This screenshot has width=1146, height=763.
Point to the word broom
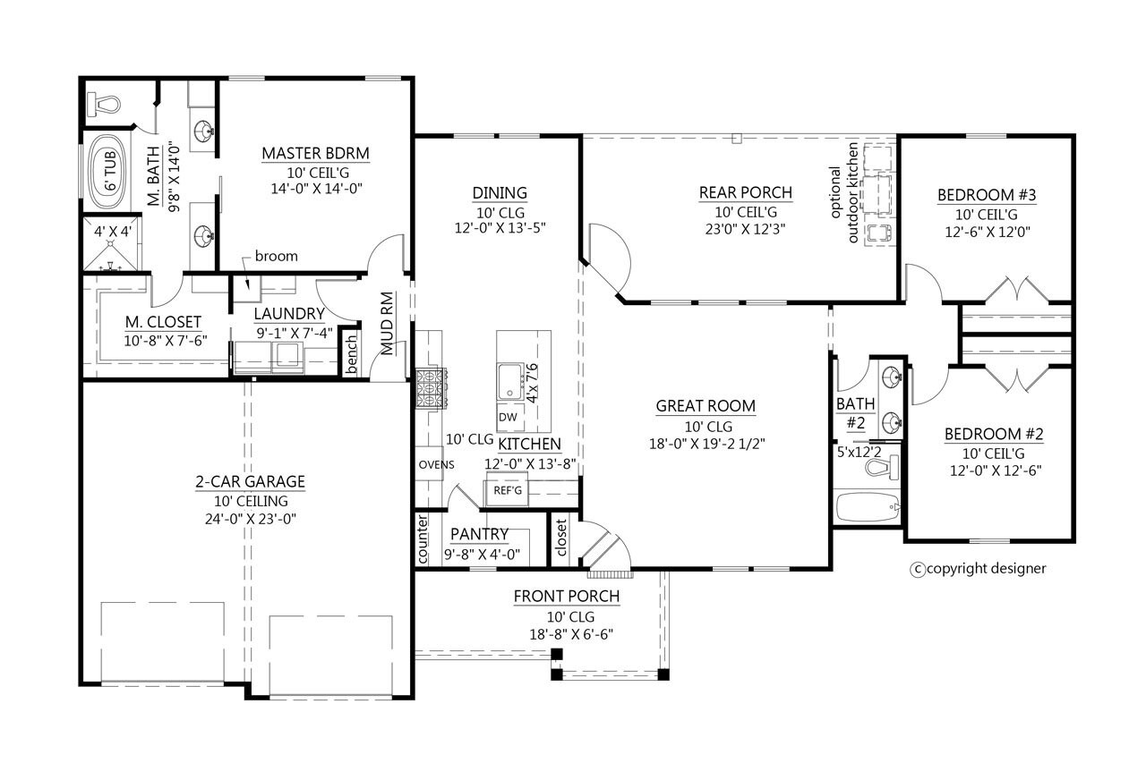click(x=276, y=256)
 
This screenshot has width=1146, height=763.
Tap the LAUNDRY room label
click(x=288, y=314)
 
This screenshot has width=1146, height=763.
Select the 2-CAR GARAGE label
click(x=250, y=482)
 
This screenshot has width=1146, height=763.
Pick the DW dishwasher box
click(x=507, y=418)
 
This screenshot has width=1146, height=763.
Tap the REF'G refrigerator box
click(x=502, y=492)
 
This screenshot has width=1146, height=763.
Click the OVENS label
click(x=436, y=464)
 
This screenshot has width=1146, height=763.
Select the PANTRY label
click(x=479, y=535)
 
